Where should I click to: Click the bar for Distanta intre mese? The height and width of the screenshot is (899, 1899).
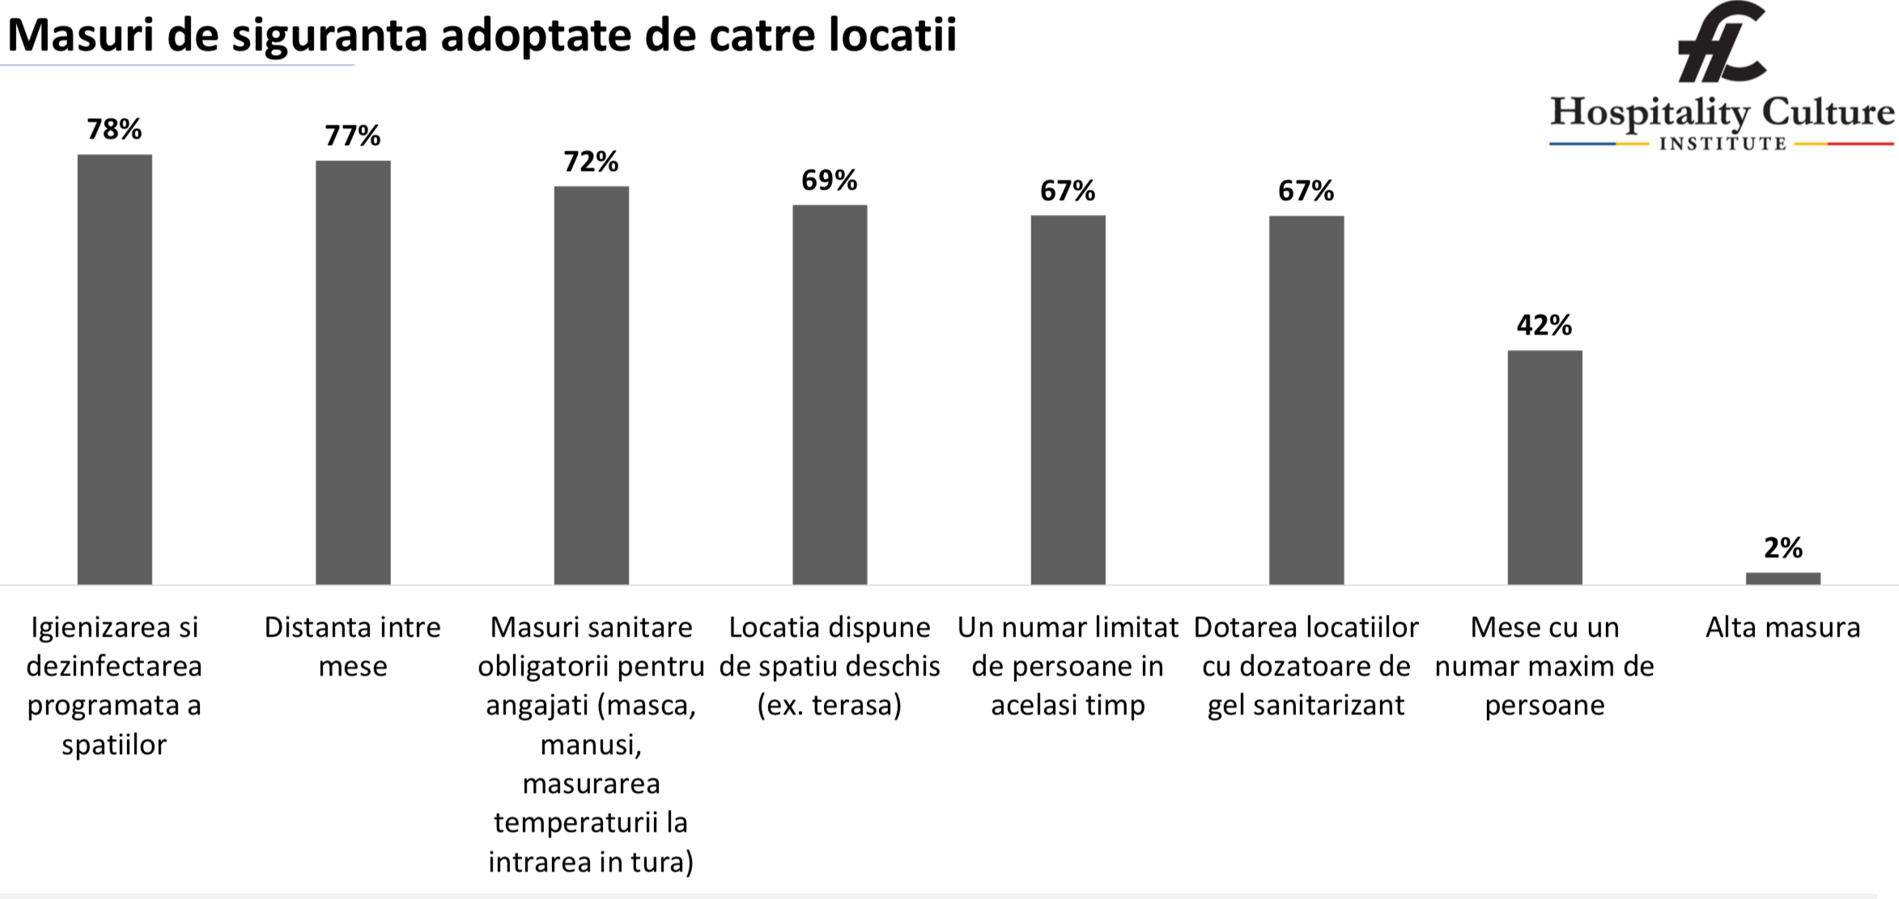353,372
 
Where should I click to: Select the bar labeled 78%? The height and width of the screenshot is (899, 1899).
115,369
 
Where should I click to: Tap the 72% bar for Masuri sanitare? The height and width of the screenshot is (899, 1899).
591,385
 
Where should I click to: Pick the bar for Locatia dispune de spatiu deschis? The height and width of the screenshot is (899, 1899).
830,394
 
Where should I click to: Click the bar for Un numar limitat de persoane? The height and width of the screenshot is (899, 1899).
1068,399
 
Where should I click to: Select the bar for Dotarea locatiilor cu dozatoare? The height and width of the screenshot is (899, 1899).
1306,399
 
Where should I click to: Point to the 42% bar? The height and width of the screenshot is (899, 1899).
1544,467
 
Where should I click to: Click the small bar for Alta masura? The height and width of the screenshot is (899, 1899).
1783,578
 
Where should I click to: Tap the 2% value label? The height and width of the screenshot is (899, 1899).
1783,548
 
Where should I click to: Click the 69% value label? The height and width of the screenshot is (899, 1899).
830,180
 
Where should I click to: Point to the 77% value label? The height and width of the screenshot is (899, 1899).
353,135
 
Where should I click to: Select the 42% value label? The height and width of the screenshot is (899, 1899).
1544,326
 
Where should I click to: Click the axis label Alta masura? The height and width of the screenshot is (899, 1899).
1783,628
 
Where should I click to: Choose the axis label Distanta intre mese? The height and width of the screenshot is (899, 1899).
353,646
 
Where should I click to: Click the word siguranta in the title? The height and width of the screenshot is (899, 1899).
329,36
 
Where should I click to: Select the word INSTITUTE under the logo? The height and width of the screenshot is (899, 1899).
1723,144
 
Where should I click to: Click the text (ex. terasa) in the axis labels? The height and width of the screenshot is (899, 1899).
830,705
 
